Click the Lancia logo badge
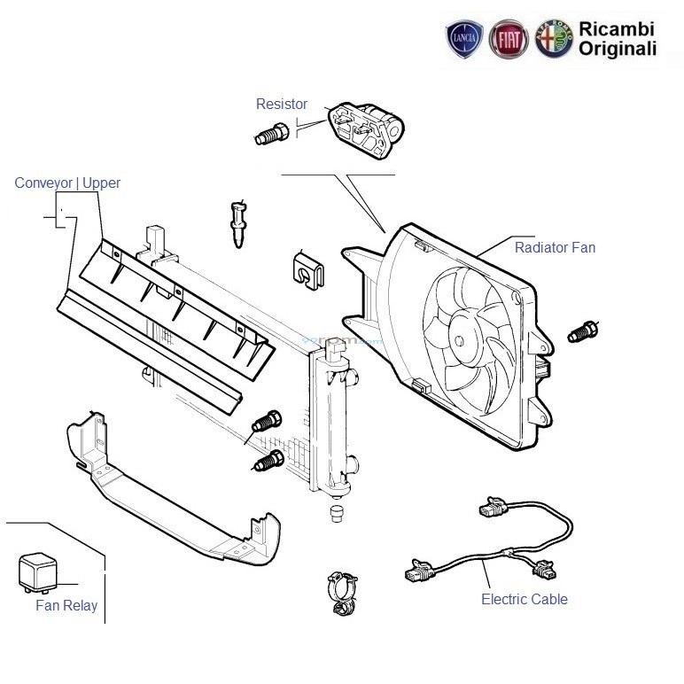(x=464, y=38)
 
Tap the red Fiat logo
(x=509, y=39)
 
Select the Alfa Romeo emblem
(x=555, y=38)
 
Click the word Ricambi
(x=617, y=29)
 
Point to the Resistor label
(x=282, y=104)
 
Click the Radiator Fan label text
(x=555, y=247)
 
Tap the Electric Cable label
(x=525, y=599)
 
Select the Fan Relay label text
(x=66, y=605)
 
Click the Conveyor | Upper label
(x=67, y=183)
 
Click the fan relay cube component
(x=38, y=572)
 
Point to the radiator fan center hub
(x=459, y=341)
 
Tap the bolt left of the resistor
(x=271, y=134)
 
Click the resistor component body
(x=366, y=129)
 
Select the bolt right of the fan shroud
(x=583, y=332)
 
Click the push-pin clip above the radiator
(x=238, y=224)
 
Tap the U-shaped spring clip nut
(x=307, y=271)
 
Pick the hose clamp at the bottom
(x=343, y=594)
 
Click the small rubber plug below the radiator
(x=336, y=513)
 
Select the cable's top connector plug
(x=493, y=508)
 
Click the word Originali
(x=618, y=49)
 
